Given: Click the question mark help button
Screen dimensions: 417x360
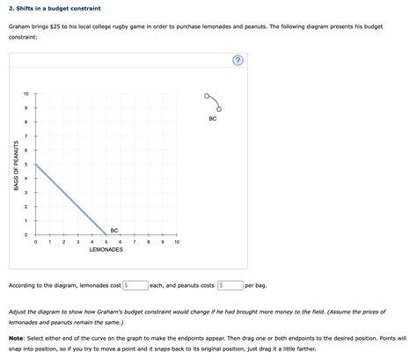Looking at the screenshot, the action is (x=237, y=61).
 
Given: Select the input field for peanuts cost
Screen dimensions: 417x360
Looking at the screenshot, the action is (x=231, y=285).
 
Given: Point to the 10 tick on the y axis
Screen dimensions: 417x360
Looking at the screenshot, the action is (x=26, y=94).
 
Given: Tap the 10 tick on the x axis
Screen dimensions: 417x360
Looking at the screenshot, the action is (x=177, y=242).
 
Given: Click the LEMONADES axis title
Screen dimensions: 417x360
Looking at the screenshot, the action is (x=106, y=250).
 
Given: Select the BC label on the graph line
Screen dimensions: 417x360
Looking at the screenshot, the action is (x=113, y=230).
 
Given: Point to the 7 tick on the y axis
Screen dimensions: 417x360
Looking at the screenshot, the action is (x=26, y=136).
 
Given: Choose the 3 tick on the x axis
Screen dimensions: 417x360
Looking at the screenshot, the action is (x=78, y=242).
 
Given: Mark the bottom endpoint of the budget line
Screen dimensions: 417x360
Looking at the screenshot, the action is (x=106, y=235).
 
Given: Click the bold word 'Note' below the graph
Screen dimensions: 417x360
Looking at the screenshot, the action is (x=16, y=339).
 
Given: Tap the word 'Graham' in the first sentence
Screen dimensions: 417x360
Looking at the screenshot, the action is (x=21, y=26).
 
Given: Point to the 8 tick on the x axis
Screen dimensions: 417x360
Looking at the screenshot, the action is (x=149, y=242).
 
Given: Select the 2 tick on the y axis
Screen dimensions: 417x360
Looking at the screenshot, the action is (x=26, y=207).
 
